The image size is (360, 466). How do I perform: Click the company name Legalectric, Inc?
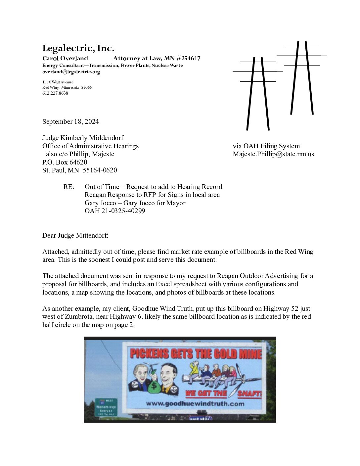tap(78, 48)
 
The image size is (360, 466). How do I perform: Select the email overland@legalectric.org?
tap(71, 71)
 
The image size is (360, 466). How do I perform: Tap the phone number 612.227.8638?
tap(55, 93)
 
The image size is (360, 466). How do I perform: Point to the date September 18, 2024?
tap(70, 121)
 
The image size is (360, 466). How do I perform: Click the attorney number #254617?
tap(188, 59)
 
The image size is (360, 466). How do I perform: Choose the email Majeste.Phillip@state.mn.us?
tap(273, 154)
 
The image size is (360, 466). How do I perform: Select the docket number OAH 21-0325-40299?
tap(114, 211)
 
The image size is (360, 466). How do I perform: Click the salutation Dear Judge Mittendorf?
tap(75, 235)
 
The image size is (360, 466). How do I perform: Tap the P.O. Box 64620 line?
tap(65, 162)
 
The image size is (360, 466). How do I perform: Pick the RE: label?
tap(69, 187)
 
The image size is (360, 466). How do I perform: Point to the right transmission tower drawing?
tap(302, 78)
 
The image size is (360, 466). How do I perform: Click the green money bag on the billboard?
tap(154, 386)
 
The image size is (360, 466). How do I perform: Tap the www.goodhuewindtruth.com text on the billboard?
tap(195, 403)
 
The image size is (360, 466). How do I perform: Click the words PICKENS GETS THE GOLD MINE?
tap(196, 353)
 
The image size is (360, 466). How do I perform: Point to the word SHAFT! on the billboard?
tap(249, 393)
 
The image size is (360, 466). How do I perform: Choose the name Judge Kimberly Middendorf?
tap(83, 138)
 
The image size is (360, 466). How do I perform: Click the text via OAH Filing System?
tap(266, 146)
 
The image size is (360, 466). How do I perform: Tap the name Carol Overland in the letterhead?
tap(65, 59)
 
